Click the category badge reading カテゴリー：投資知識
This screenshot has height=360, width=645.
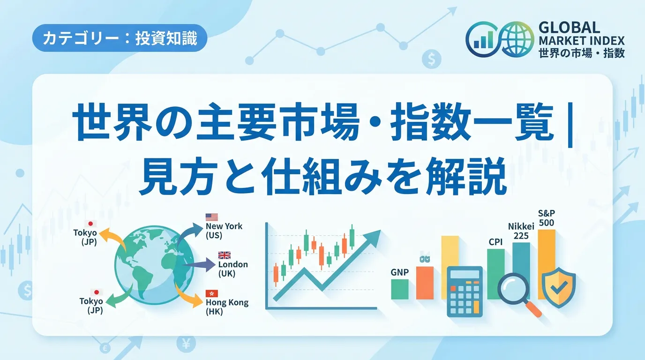pos(120,38)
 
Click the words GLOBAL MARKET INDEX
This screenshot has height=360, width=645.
pos(581,34)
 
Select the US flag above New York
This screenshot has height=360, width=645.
pos(212,217)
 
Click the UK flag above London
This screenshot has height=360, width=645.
pos(225,255)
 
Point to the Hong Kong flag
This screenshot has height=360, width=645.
pos(212,293)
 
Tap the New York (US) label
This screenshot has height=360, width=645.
pos(224,231)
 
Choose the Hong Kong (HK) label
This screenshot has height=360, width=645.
pos(227,307)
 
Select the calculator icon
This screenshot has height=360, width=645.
pos(465,292)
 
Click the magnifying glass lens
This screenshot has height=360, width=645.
pos(513,288)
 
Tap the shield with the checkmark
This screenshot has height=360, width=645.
pos(559,287)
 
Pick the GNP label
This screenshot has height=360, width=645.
pos(400,272)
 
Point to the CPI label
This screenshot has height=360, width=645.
pos(495,242)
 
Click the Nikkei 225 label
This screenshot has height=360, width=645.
pos(521,231)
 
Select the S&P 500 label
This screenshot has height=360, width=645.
pos(547,217)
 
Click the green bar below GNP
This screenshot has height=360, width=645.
pos(400,289)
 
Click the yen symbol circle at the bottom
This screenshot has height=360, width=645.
pos(186,343)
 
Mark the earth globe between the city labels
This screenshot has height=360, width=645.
pos(154,265)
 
